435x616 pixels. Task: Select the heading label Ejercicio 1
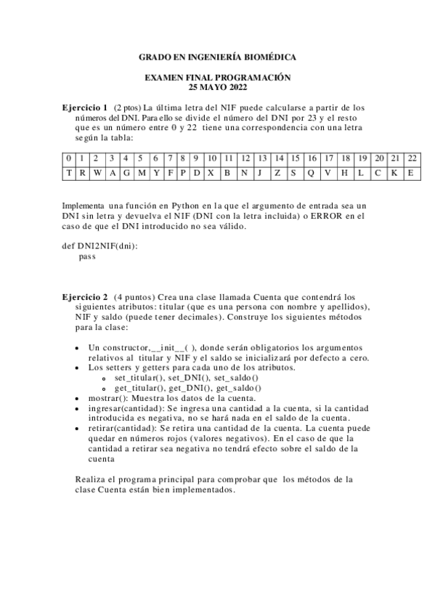coord(85,108)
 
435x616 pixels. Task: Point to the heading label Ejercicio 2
coord(85,297)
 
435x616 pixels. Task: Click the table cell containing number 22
coord(412,158)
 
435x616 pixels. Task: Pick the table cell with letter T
coord(68,173)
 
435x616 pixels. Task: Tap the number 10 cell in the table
coord(211,158)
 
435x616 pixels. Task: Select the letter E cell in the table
coord(412,173)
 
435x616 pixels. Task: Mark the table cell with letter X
coord(211,173)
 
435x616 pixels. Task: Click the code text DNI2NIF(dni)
coord(107,246)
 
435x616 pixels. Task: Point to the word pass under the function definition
coord(87,256)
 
